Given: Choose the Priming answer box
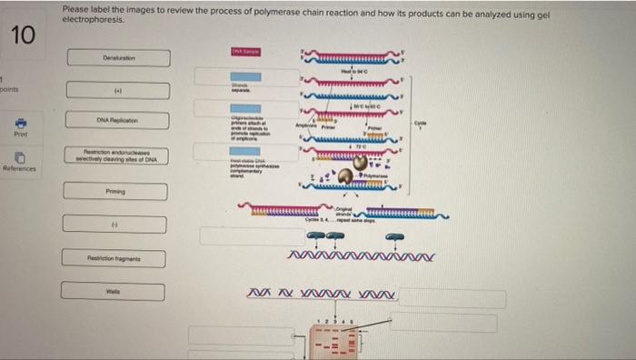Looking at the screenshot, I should click(x=116, y=192).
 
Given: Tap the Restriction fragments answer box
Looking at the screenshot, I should click(x=116, y=259).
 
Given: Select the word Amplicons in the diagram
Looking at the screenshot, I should click(x=303, y=124).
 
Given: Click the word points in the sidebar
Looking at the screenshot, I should click(x=11, y=90).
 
